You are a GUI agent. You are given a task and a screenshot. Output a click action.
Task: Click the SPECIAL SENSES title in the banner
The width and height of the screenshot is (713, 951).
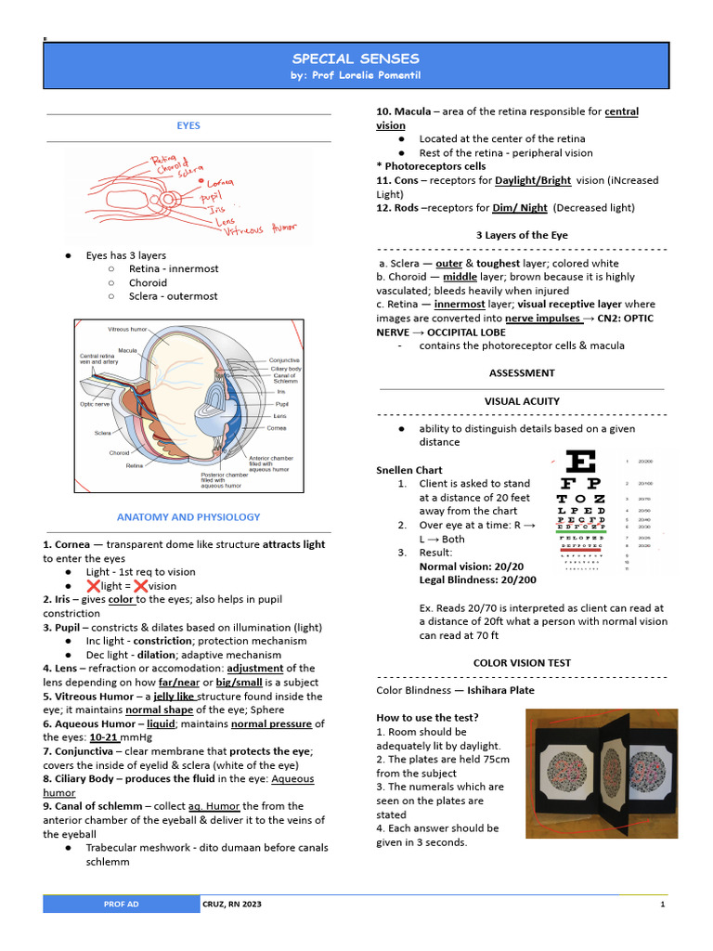click(356, 59)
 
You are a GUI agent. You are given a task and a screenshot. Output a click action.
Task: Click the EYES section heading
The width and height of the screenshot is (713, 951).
click(188, 125)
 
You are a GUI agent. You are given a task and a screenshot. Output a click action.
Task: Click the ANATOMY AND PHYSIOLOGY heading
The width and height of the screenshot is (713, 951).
click(188, 517)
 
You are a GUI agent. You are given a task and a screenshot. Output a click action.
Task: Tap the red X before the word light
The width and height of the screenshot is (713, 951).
click(93, 586)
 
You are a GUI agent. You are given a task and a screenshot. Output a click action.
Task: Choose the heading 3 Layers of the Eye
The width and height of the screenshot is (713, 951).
click(521, 236)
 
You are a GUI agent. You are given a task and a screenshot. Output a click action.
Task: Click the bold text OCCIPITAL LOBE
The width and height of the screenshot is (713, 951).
click(440, 332)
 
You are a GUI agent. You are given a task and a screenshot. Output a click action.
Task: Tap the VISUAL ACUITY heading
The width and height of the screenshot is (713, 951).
click(521, 401)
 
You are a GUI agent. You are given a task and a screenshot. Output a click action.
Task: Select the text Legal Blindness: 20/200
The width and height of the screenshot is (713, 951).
click(477, 580)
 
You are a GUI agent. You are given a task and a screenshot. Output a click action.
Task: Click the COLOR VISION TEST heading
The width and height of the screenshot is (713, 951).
click(521, 663)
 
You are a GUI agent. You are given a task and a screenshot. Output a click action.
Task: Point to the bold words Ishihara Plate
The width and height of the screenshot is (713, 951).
click(500, 690)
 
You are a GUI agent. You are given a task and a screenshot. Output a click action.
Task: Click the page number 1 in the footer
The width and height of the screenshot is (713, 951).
click(662, 905)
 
